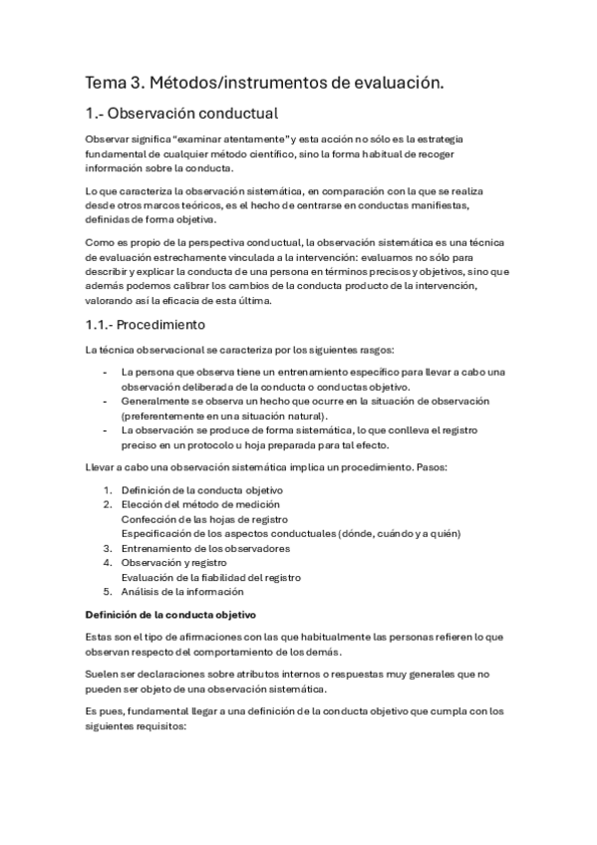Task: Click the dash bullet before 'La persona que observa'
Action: pos(107,373)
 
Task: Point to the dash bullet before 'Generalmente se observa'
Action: pos(107,401)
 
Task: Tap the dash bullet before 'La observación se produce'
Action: pos(107,429)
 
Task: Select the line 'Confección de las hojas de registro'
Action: pos(204,519)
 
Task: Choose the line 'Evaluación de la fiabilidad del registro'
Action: pos(210,577)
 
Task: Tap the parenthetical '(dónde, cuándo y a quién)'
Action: pos(399,534)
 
